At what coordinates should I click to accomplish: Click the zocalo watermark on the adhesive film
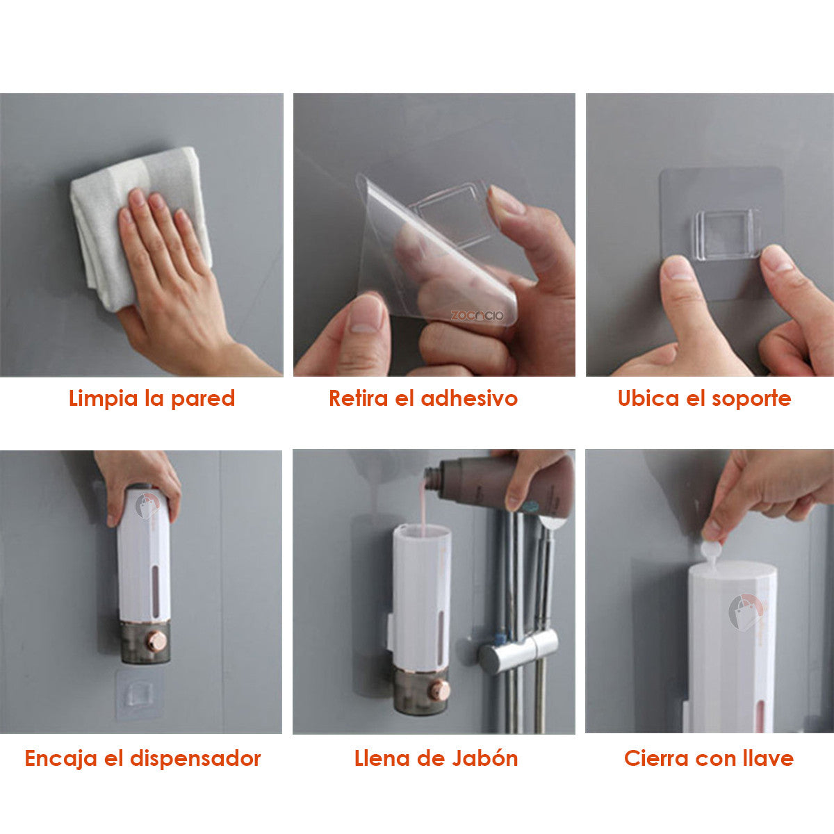tap(477, 316)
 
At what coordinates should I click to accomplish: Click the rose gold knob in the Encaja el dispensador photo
tap(158, 641)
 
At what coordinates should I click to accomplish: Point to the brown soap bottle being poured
tap(500, 483)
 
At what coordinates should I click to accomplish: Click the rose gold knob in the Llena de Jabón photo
tap(439, 690)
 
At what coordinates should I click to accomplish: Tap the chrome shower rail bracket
tap(518, 650)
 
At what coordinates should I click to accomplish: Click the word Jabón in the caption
tap(486, 758)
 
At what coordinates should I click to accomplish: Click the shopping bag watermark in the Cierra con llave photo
tap(745, 612)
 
